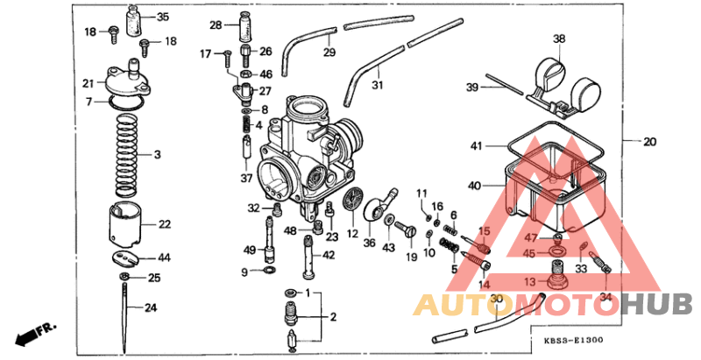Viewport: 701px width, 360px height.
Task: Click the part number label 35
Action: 163,17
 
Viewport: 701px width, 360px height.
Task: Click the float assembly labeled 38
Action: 565,78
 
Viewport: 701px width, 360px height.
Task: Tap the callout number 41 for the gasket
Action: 476,145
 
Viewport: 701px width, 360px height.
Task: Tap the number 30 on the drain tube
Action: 497,300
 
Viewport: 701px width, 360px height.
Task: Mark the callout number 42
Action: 329,256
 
